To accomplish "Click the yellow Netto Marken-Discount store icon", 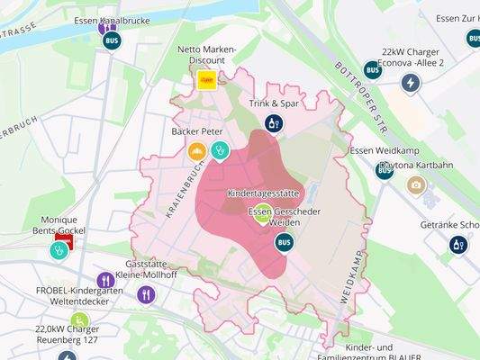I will pos(207,80).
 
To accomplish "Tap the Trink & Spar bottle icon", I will pos(274,122).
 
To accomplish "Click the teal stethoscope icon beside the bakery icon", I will pos(220,150).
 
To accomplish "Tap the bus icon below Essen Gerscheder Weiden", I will pos(284,241).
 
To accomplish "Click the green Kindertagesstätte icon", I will pos(261,213).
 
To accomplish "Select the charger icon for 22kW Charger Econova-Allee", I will pos(411,83).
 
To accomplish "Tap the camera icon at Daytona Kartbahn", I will pos(415,185).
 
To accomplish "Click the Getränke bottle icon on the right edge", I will pos(458,244).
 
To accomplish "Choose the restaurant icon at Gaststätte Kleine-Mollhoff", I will pos(147,293).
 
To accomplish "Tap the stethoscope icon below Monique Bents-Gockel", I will pos(61,250).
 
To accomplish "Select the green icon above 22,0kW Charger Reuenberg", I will pos(80,319).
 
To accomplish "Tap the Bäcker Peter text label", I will pos(196,131).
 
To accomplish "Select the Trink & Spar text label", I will pos(274,103).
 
